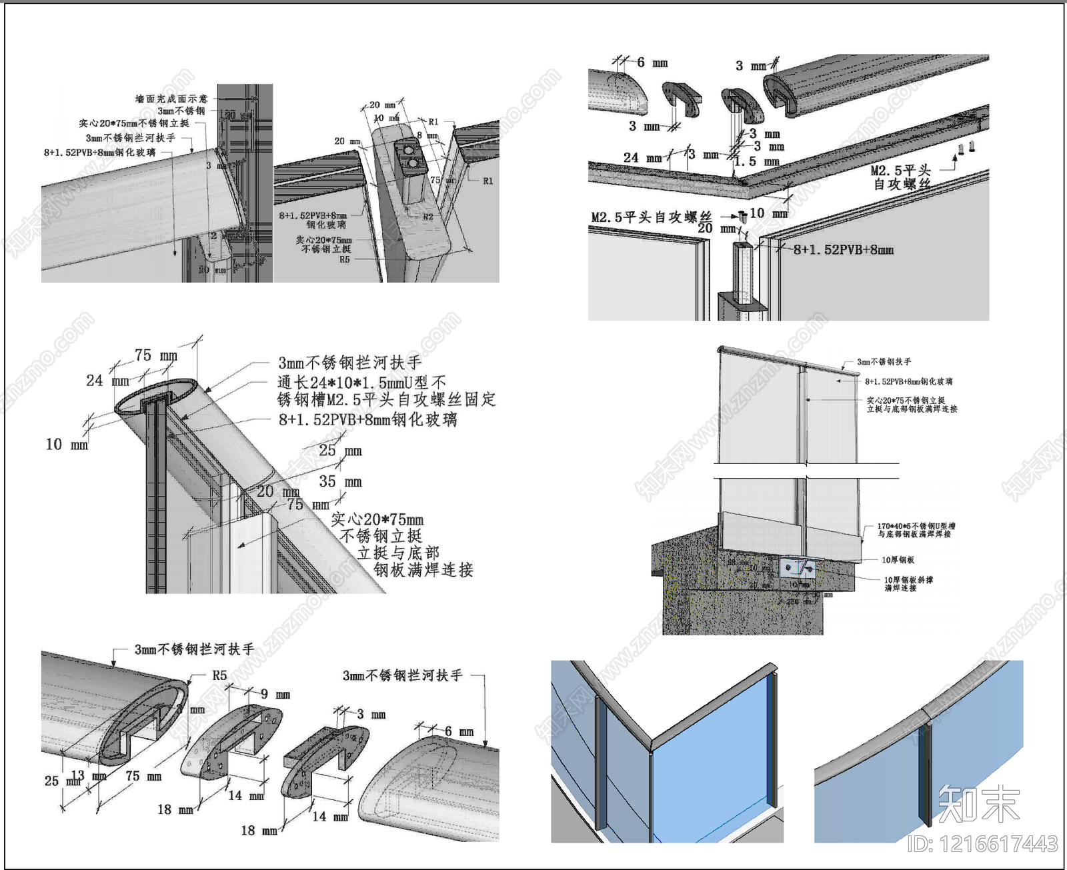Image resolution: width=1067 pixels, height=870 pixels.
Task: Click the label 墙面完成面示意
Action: tap(171, 99)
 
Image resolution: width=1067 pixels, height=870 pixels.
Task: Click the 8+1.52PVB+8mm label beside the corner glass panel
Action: tap(843, 250)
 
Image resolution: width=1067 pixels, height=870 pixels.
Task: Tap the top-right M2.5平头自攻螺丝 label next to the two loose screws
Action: tap(901, 177)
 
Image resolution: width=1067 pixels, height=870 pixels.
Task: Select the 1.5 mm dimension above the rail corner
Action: tap(756, 162)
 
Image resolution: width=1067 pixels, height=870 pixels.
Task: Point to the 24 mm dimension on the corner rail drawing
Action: tap(642, 158)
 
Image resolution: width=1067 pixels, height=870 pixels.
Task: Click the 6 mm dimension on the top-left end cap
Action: tap(651, 63)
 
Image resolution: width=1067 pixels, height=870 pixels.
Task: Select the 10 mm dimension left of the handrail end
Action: tap(67, 445)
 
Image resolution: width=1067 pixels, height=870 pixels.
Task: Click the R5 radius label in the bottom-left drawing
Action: tap(219, 675)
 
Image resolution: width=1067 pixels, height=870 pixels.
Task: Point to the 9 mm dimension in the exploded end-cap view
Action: tap(275, 694)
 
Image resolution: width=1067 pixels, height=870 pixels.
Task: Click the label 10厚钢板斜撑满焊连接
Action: tap(908, 584)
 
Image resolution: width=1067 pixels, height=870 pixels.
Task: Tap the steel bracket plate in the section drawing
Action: tap(798, 569)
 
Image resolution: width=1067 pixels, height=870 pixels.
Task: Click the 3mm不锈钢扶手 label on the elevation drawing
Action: tap(884, 361)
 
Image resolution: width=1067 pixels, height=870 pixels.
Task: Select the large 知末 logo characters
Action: tap(978, 803)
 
